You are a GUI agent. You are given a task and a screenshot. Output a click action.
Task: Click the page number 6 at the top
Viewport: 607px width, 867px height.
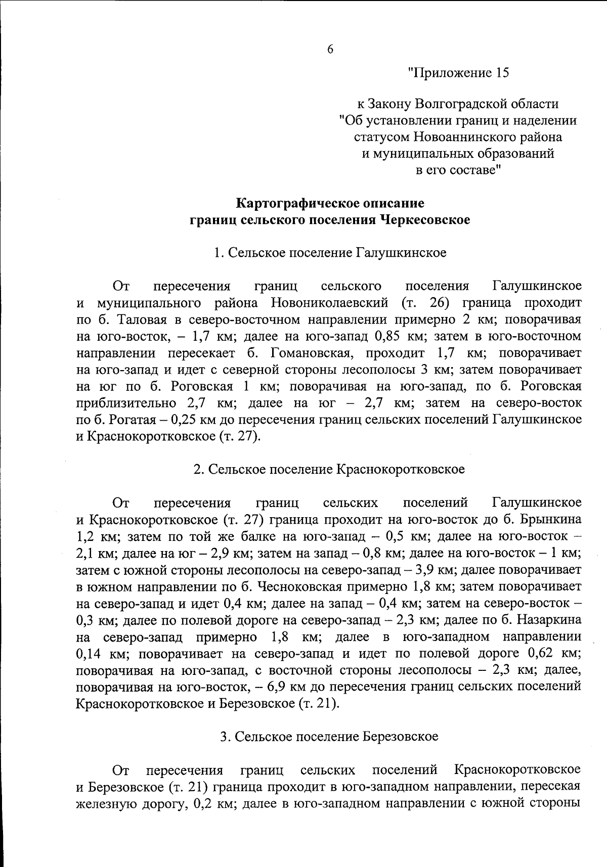pyautogui.click(x=330, y=49)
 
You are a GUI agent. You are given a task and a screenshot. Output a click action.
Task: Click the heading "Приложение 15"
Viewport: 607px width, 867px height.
pyautogui.click(x=458, y=73)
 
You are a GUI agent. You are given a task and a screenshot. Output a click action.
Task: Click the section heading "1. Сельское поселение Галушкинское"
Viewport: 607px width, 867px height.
pyautogui.click(x=330, y=252)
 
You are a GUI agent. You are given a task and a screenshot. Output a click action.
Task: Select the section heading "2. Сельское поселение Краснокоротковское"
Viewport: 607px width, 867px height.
pyautogui.click(x=329, y=469)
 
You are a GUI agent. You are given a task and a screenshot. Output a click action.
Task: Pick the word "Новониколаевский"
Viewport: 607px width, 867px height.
pyautogui.click(x=329, y=303)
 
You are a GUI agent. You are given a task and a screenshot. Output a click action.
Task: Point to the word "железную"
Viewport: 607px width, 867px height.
pyautogui.click(x=105, y=803)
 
